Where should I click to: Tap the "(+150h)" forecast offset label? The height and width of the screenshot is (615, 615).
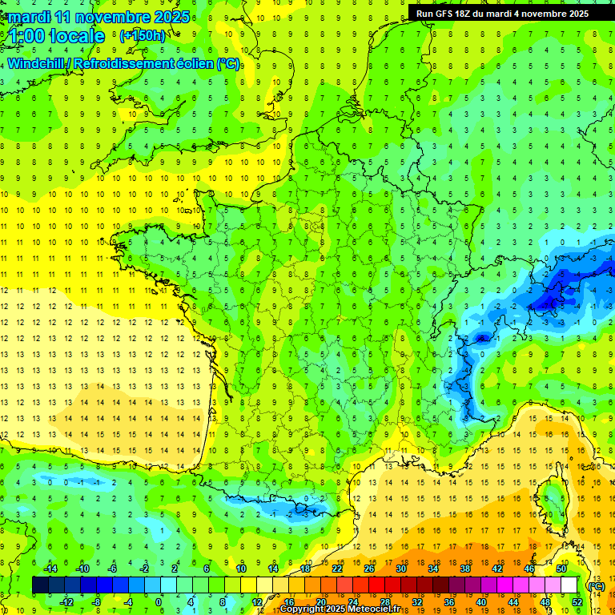point(143,35)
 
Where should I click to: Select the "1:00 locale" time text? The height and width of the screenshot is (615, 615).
point(58,36)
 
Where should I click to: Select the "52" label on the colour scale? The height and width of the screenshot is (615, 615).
point(577,601)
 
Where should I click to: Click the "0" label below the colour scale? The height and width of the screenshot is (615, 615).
point(159,601)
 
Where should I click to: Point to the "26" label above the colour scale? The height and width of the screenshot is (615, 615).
point(369,569)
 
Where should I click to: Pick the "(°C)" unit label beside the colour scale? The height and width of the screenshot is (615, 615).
point(595,585)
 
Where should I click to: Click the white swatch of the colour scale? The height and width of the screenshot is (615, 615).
point(569,585)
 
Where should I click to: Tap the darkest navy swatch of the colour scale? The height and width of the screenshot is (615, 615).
point(40,585)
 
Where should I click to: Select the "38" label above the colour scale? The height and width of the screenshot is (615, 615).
point(464,569)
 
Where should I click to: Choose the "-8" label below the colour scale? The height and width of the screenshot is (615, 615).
point(97,601)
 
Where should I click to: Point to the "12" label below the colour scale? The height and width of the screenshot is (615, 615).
point(256,601)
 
